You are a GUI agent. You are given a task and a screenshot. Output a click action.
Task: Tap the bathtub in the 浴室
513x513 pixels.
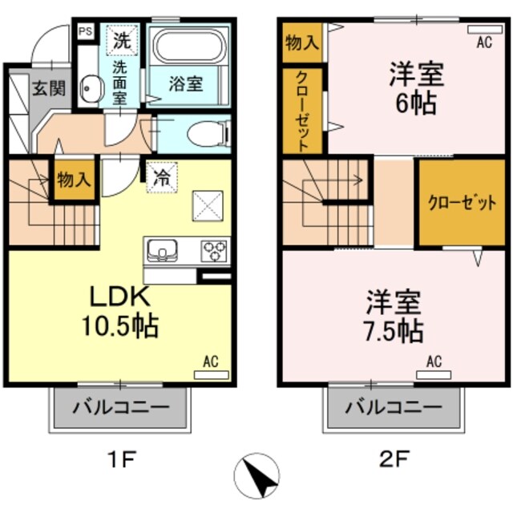tap(189, 47)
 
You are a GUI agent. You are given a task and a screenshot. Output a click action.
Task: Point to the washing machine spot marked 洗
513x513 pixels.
tap(123, 38)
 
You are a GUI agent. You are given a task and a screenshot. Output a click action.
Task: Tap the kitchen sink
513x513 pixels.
tap(165, 252)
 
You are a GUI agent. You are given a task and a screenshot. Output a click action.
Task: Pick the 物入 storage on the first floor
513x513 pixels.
tap(73, 178)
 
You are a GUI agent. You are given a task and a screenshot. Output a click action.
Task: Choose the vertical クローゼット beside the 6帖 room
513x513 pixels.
tap(303, 111)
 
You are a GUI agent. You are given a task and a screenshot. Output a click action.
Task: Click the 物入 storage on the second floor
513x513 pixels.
tap(301, 42)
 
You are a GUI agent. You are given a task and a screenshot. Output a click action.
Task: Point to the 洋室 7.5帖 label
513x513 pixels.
tap(395, 317)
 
